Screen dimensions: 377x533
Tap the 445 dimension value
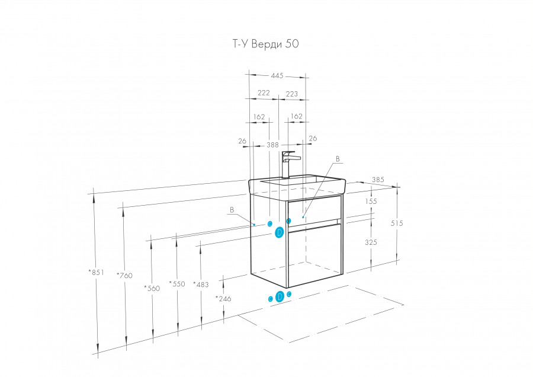(x=277, y=76)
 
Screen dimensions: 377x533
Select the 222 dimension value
(x=264, y=93)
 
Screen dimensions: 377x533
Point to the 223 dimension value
(x=292, y=94)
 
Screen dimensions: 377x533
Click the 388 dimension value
(x=272, y=145)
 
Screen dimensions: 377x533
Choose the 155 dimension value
(x=371, y=202)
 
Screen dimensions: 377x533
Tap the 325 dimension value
(x=371, y=242)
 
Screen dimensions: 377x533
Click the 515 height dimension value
(x=397, y=223)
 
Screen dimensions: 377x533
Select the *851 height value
(x=96, y=272)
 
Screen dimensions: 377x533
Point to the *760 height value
(x=125, y=275)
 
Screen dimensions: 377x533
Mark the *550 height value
(x=177, y=284)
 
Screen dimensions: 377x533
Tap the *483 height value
(x=201, y=285)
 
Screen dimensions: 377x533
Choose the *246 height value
(x=223, y=299)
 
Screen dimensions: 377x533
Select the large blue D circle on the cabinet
(x=280, y=233)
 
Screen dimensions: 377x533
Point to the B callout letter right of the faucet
(x=338, y=159)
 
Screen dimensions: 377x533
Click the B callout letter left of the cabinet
(x=232, y=210)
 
